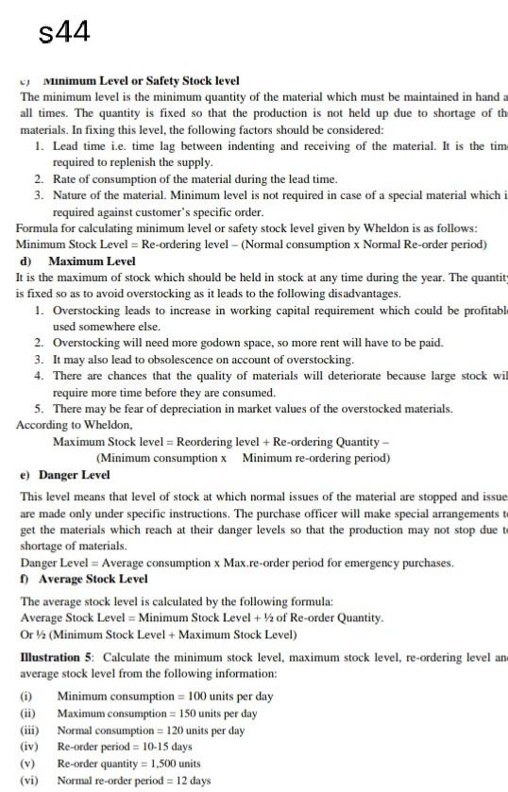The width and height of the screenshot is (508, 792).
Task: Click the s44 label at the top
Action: [x=65, y=33]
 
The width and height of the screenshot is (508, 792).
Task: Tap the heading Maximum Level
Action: [x=92, y=261]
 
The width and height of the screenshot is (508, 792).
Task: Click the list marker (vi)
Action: [x=28, y=780]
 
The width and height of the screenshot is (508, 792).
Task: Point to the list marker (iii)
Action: [x=28, y=730]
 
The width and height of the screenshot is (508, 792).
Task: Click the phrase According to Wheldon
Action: [x=61, y=425]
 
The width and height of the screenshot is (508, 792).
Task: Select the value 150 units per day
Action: [x=211, y=713]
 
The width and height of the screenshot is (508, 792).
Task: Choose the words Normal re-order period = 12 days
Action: [x=134, y=780]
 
